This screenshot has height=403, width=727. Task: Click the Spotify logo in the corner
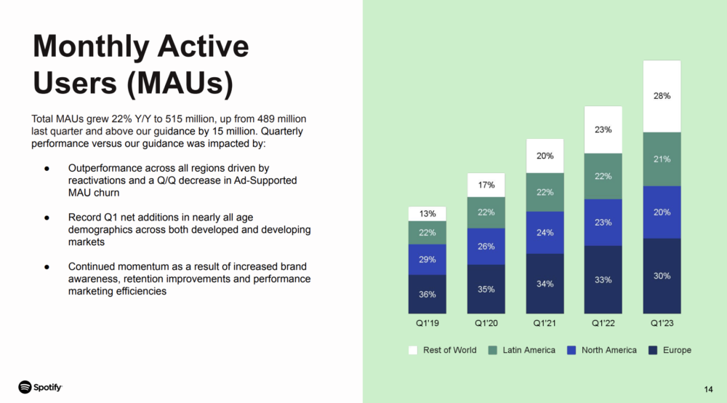pyautogui.click(x=40, y=387)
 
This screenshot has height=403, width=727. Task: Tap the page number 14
pyautogui.click(x=708, y=390)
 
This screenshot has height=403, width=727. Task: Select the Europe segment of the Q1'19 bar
pyautogui.click(x=427, y=294)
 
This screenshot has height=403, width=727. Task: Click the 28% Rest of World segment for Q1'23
pyautogui.click(x=662, y=96)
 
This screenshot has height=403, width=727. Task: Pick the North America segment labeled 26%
pyautogui.click(x=486, y=247)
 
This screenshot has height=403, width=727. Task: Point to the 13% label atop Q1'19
pyautogui.click(x=427, y=214)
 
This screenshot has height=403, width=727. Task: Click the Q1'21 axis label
pyautogui.click(x=545, y=323)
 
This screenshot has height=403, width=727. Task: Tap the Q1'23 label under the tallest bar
pyautogui.click(x=662, y=323)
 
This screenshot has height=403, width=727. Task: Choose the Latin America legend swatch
pyautogui.click(x=492, y=350)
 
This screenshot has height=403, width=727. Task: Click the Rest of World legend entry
pyautogui.click(x=442, y=350)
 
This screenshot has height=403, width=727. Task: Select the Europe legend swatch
pyautogui.click(x=653, y=350)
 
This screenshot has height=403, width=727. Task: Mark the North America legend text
pyautogui.click(x=608, y=350)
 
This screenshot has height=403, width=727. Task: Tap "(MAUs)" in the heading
pyautogui.click(x=180, y=84)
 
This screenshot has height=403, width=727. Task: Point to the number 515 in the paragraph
pyautogui.click(x=174, y=119)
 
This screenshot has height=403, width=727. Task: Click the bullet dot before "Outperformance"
pyautogui.click(x=47, y=168)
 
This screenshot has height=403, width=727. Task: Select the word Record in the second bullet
pyautogui.click(x=83, y=217)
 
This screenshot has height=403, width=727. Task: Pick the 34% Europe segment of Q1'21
pyautogui.click(x=545, y=284)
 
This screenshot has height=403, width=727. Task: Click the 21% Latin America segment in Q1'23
pyautogui.click(x=662, y=159)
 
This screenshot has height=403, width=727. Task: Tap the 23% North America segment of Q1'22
pyautogui.click(x=603, y=223)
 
